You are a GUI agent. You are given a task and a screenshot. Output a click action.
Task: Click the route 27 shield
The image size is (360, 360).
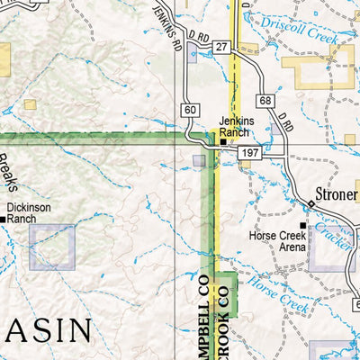pyautogui.click(x=222, y=46)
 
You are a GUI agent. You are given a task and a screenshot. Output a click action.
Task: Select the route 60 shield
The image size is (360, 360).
pyautogui.click(x=188, y=110)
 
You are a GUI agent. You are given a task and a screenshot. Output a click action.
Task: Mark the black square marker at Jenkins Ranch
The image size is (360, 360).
pyautogui.click(x=224, y=141)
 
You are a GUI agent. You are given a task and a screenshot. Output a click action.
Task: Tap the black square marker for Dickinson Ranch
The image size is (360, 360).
pyautogui.click(x=4, y=218)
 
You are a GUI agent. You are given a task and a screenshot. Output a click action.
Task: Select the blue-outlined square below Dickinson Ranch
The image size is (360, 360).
pyautogui.click(x=53, y=247)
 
